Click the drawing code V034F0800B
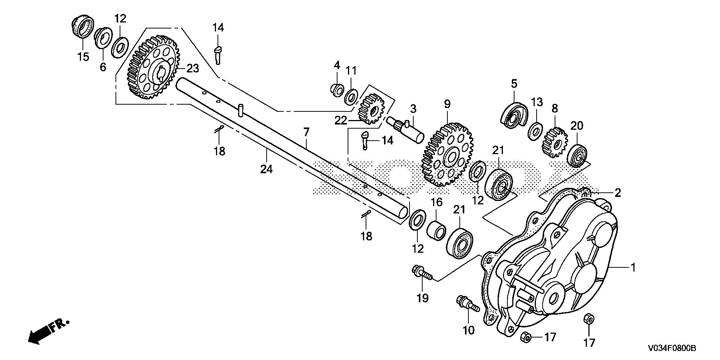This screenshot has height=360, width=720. (x=671, y=348)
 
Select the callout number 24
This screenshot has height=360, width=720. (x=266, y=169)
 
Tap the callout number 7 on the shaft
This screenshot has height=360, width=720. (x=306, y=132)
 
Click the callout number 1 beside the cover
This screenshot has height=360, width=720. (x=633, y=268)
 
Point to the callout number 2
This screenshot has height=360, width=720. (x=617, y=193)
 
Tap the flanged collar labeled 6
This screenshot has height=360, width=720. (x=102, y=39)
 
